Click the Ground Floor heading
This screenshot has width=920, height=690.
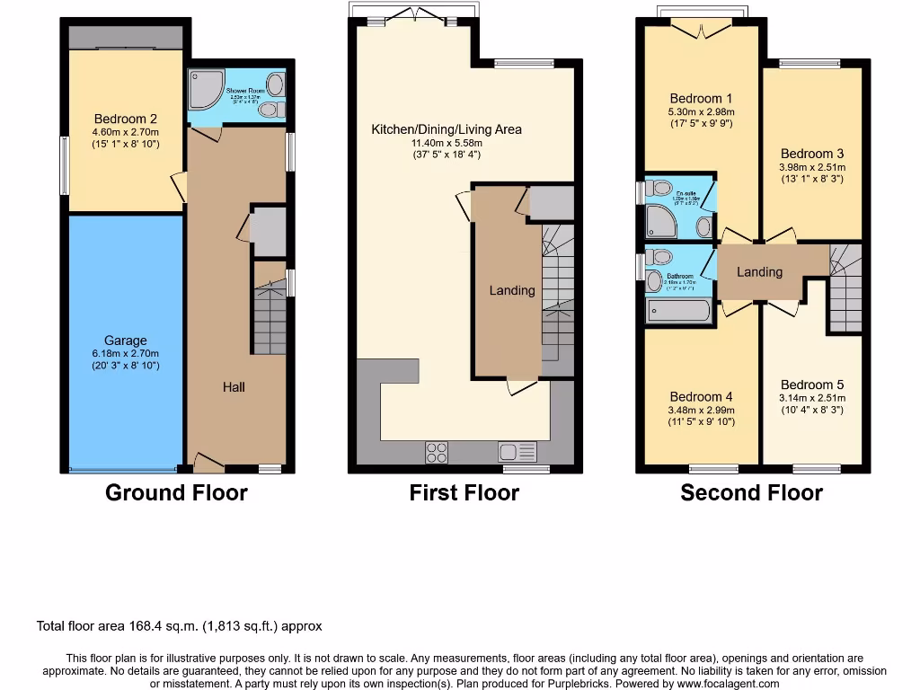[x=176, y=492]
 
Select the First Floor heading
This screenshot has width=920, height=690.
[x=464, y=492]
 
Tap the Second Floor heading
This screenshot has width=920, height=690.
[x=751, y=492]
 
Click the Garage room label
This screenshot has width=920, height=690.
[x=125, y=341]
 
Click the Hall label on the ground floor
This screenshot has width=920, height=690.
[x=234, y=386]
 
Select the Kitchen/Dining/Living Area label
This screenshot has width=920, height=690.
[x=447, y=129]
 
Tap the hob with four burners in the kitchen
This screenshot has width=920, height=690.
[x=437, y=452]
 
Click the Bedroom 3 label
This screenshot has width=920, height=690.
[x=811, y=154]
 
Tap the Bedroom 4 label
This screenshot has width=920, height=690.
[x=701, y=396]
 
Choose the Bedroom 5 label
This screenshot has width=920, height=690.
[x=812, y=385]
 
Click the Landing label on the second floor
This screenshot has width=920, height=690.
[x=759, y=271]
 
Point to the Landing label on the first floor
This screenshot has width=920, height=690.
[x=512, y=290]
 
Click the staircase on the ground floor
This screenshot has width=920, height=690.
[x=270, y=319]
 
